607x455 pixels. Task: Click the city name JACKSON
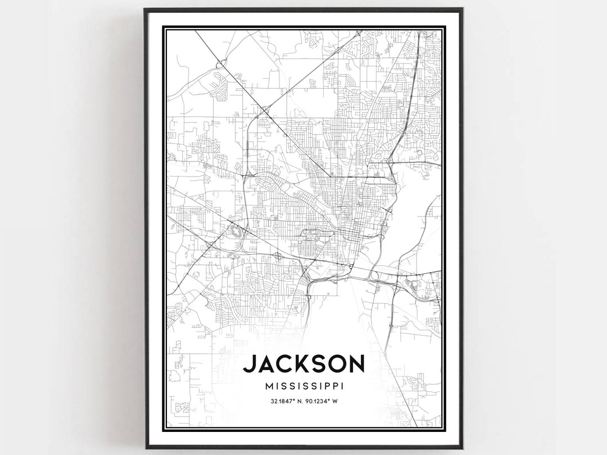[x=303, y=364]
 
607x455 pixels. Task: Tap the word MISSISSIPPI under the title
[x=303, y=386]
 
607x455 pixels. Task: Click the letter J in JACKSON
[x=248, y=364]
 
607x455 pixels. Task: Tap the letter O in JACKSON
[x=335, y=364]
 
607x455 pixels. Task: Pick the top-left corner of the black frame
[x=145, y=9]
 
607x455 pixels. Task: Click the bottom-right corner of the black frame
[x=462, y=447]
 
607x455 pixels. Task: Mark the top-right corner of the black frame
[x=462, y=9]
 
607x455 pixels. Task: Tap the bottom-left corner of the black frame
[x=145, y=447]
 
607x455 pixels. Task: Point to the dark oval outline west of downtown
[x=236, y=231]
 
